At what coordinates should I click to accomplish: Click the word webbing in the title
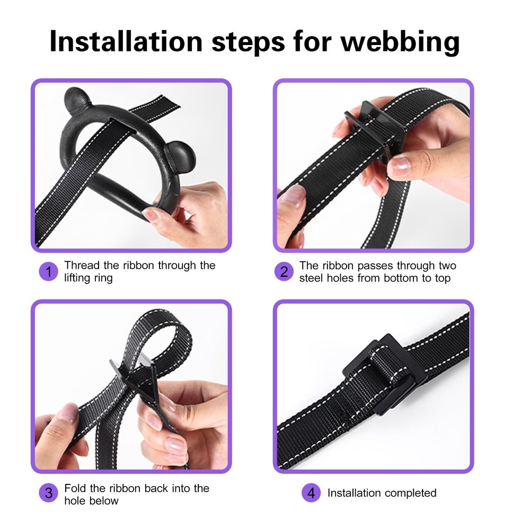(x=400, y=42)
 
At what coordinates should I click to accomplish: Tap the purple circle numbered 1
(x=48, y=271)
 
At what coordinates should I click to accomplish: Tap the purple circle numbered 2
(x=284, y=271)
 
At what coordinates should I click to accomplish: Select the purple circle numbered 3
(x=48, y=492)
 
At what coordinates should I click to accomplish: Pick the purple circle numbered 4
(x=311, y=492)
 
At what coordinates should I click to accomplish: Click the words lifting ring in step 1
(x=88, y=278)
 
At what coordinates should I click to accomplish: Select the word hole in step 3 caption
(x=75, y=501)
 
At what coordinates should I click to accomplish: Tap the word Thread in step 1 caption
(x=82, y=266)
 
